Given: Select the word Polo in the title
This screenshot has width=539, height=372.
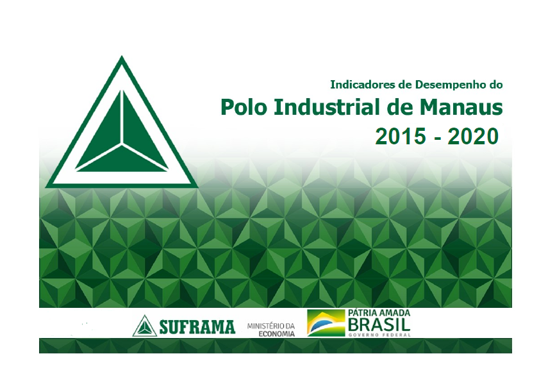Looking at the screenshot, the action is [x=244, y=107].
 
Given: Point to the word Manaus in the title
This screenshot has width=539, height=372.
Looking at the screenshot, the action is [x=461, y=107].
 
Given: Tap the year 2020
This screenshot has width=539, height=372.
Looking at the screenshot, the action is [x=473, y=136].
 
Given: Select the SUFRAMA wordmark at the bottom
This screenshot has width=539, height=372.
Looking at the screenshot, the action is [x=197, y=327].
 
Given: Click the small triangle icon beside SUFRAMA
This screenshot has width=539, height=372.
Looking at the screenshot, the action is [x=145, y=326].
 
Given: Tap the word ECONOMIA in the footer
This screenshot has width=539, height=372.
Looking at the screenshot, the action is [x=276, y=334].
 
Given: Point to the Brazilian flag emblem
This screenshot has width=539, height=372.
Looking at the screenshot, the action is [x=326, y=323].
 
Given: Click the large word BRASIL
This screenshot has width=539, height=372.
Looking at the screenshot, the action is [x=379, y=324].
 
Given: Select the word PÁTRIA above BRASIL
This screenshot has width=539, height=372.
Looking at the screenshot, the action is [x=362, y=313].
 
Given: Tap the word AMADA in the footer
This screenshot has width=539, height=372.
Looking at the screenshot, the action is [x=394, y=313].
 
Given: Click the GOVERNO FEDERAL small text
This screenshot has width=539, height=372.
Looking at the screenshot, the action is [x=379, y=335].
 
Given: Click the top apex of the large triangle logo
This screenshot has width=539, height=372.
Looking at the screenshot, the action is [x=121, y=56].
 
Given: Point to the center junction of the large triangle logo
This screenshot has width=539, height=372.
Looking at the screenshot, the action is [x=121, y=144].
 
